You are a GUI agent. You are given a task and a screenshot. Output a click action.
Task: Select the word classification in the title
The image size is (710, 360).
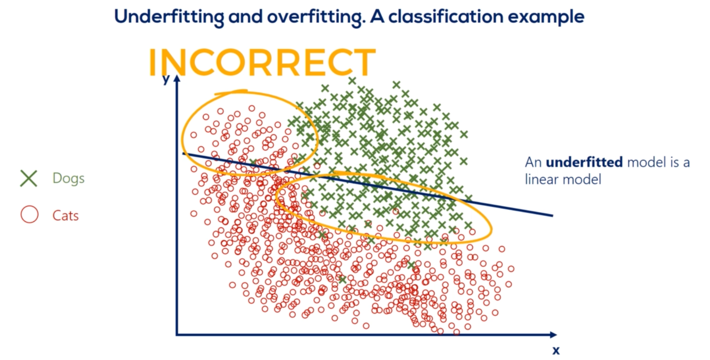446,16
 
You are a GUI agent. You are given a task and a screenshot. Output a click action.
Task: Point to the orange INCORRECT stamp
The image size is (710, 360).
262,63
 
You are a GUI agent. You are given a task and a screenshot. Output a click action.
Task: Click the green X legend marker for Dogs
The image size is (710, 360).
29,178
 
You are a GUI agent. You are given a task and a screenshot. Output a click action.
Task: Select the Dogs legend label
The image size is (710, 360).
68,178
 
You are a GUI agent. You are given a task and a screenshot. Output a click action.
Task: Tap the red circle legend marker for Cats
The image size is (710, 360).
30,214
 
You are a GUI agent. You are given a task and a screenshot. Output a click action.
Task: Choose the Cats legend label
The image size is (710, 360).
65,216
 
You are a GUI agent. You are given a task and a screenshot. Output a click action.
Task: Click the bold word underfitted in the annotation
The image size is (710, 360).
584,162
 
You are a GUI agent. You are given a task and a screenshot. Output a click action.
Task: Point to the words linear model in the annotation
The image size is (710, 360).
563,179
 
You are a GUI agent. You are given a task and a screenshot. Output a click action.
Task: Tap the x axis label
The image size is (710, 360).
556,350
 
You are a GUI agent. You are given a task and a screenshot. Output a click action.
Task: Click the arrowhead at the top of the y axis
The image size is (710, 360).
177,78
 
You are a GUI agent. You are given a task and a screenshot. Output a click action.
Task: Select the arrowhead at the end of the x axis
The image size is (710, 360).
553,334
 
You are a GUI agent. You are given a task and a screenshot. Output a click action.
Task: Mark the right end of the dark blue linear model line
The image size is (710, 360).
553,215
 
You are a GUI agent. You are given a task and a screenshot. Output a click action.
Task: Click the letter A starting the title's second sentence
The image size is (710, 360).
377,16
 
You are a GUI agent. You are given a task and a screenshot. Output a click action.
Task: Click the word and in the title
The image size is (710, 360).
245,16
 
